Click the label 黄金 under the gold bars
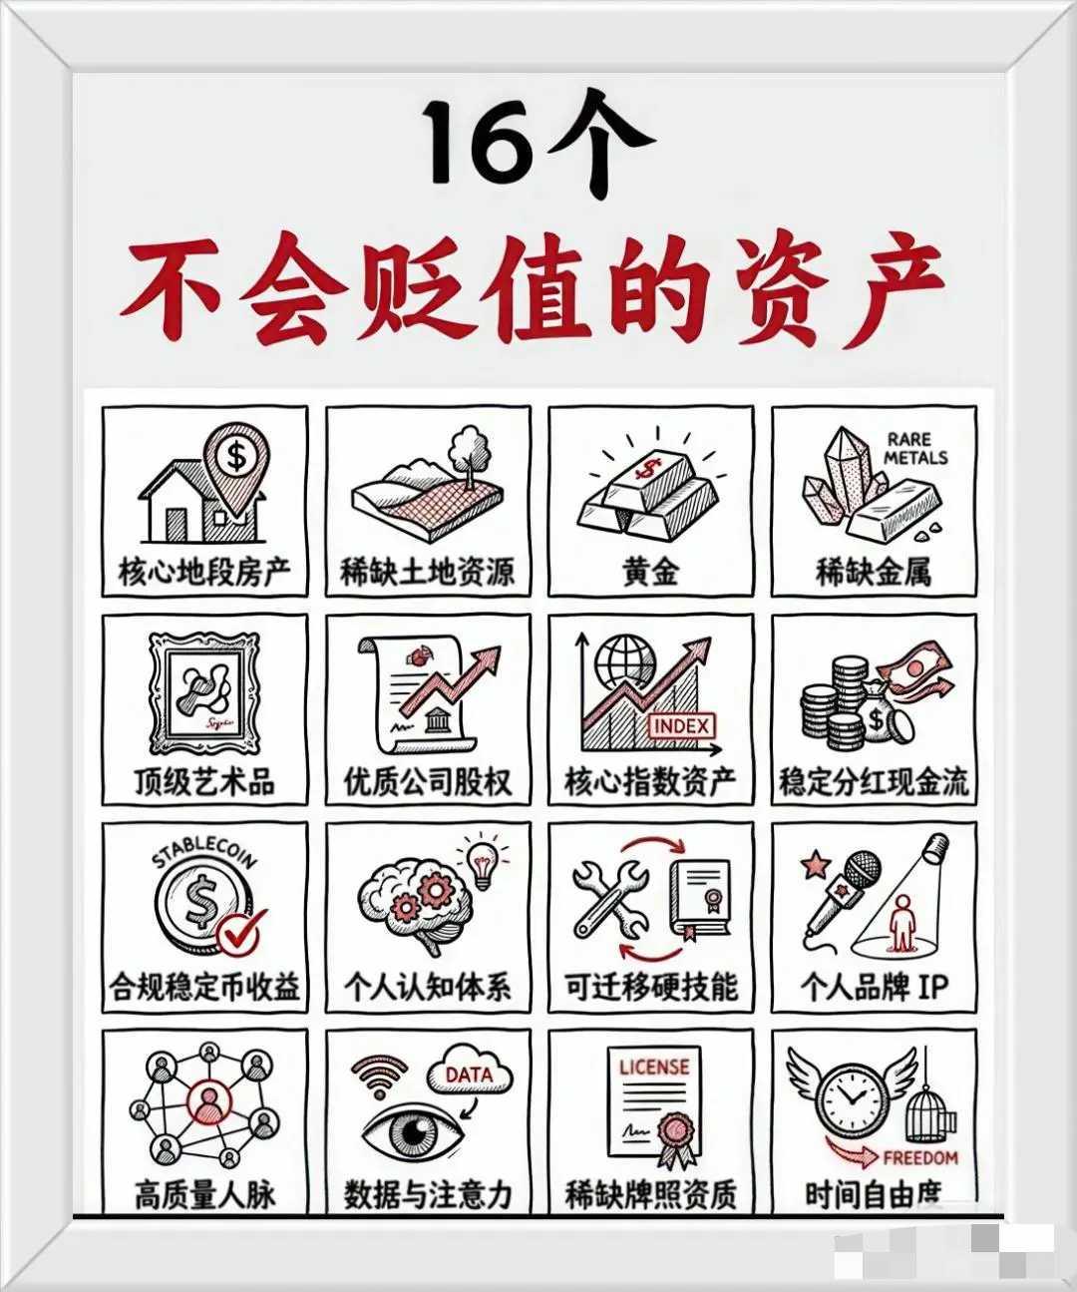coord(650,572)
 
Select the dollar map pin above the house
coord(236,460)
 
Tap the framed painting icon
coord(204,692)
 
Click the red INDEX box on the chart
coord(682,726)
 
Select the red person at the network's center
coord(208,1102)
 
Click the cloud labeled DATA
coord(469,1076)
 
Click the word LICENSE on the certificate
coord(653,1067)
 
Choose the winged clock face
coord(851,1096)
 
